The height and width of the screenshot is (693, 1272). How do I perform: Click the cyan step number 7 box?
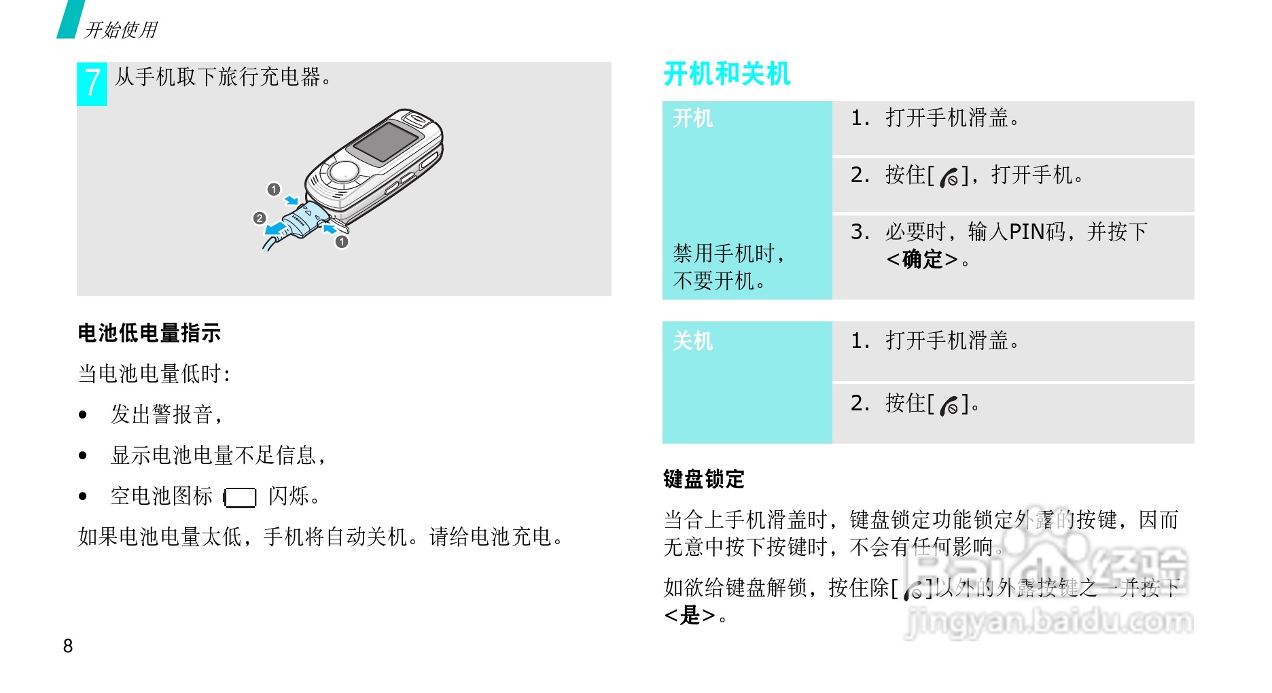click(92, 84)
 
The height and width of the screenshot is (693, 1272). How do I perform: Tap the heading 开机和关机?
click(726, 74)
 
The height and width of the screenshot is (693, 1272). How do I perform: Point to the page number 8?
click(68, 646)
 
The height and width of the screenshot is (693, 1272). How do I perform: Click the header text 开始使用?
click(120, 30)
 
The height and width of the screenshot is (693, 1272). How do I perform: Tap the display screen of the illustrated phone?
click(385, 143)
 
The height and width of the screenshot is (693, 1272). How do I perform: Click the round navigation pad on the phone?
click(344, 171)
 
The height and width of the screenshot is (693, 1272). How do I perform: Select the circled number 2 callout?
click(259, 218)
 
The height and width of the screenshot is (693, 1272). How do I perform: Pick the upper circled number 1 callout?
click(274, 190)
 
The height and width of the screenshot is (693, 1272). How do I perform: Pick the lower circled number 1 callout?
click(342, 241)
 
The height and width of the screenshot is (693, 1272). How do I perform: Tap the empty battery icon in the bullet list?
click(241, 497)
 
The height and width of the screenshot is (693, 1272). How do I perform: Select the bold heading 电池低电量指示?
click(149, 333)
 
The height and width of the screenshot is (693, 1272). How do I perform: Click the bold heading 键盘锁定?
click(703, 479)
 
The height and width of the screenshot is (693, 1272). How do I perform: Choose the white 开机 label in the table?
click(692, 118)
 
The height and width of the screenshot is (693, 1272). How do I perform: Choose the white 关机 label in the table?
click(692, 340)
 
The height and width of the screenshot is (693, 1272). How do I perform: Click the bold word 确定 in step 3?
click(923, 260)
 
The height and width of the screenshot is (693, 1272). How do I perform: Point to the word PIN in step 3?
click(1027, 232)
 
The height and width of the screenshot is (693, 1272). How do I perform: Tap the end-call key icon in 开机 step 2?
click(949, 177)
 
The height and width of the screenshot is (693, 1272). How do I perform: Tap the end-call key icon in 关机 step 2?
click(949, 406)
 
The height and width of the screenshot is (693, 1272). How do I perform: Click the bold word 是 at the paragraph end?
click(690, 616)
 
